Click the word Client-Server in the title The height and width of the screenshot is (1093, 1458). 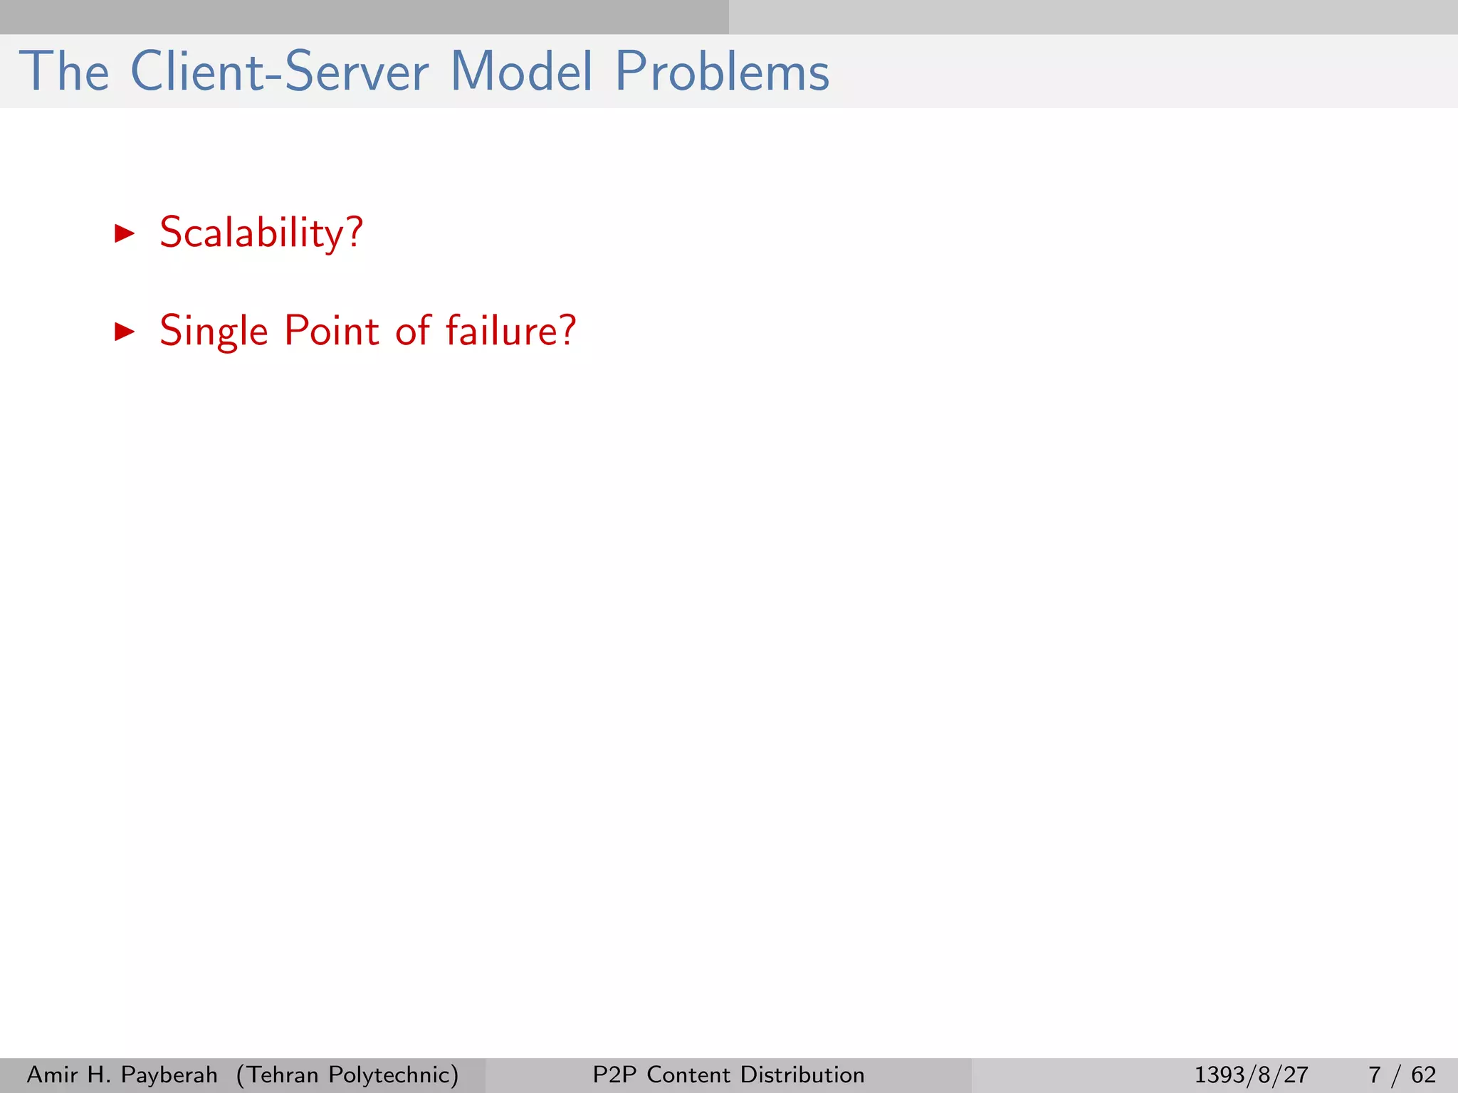click(x=280, y=72)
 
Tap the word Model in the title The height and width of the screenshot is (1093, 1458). click(x=522, y=72)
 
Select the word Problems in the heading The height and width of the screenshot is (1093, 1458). click(x=722, y=72)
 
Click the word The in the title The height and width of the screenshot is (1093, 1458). click(x=64, y=72)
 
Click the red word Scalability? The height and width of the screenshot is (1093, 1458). click(x=261, y=233)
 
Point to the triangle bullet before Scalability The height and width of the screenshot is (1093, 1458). click(x=125, y=233)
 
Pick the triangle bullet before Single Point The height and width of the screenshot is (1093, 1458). click(x=125, y=332)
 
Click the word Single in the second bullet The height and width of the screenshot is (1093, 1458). click(x=214, y=332)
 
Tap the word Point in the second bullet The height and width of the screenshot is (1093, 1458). click(x=331, y=332)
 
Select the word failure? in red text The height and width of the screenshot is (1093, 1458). click(x=510, y=332)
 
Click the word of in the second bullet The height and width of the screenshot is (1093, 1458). click(x=413, y=332)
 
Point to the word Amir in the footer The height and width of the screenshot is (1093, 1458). click(x=52, y=1074)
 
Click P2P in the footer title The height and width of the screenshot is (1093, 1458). click(x=616, y=1074)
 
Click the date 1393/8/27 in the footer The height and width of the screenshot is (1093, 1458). click(x=1251, y=1074)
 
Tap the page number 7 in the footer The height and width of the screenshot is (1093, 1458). click(x=1375, y=1074)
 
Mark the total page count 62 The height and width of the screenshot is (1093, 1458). click(x=1423, y=1074)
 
